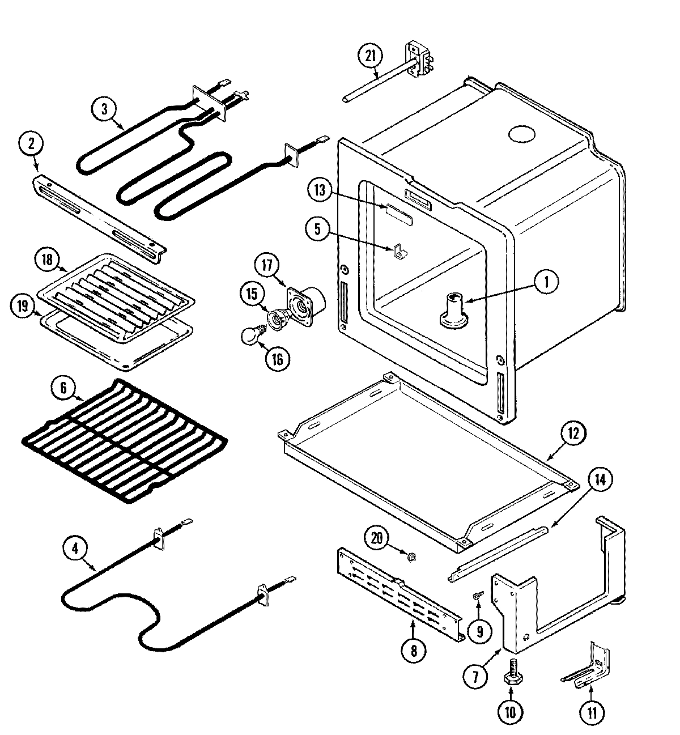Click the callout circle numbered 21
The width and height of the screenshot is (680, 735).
pyautogui.click(x=371, y=56)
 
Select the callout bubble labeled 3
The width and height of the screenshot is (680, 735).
pyautogui.click(x=104, y=109)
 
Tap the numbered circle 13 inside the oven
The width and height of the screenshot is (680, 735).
pyautogui.click(x=321, y=190)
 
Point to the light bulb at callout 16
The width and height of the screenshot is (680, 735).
pyautogui.click(x=250, y=335)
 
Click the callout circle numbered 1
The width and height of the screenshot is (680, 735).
pyautogui.click(x=546, y=282)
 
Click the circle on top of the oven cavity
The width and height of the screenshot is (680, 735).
pyautogui.click(x=521, y=135)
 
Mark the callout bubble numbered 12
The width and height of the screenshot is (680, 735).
pyautogui.click(x=573, y=434)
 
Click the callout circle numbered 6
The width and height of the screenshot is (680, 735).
pyautogui.click(x=63, y=388)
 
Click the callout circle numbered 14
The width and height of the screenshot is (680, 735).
pyautogui.click(x=600, y=480)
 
